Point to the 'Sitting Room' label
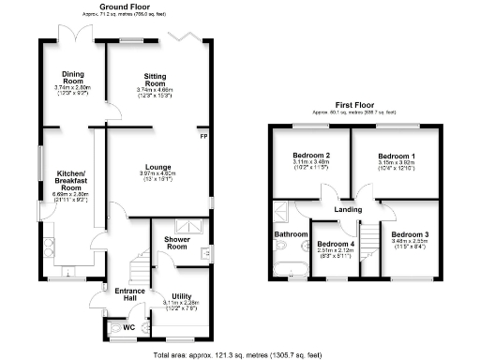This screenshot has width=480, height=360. pos(154,80)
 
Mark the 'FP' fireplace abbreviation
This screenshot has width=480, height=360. pos(202,137)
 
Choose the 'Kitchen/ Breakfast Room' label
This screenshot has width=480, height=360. pos(71,181)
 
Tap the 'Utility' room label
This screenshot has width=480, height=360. pos(182,296)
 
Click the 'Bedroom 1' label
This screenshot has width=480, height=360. pos(396,156)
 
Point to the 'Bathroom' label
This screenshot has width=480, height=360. pos(291,233)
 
